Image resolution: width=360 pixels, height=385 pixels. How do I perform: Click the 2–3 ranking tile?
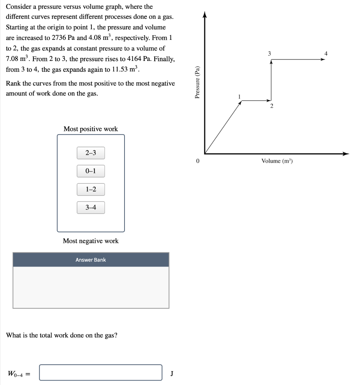click(x=91, y=153)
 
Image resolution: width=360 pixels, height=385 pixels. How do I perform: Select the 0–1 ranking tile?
click(x=91, y=171)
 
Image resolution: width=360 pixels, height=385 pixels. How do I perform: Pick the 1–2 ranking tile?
click(x=91, y=189)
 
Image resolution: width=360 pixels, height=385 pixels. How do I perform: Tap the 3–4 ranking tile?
click(x=91, y=208)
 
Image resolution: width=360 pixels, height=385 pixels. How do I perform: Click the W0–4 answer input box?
click(x=101, y=373)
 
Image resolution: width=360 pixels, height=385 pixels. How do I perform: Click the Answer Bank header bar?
click(x=91, y=260)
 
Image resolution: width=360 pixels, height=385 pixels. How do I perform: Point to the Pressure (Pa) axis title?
click(x=196, y=82)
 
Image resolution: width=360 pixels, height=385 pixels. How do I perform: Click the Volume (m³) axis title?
click(x=277, y=161)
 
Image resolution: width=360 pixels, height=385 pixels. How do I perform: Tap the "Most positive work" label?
click(x=91, y=129)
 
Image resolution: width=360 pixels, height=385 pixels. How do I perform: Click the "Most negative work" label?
click(x=91, y=241)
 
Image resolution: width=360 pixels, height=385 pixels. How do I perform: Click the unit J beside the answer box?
click(x=172, y=373)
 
